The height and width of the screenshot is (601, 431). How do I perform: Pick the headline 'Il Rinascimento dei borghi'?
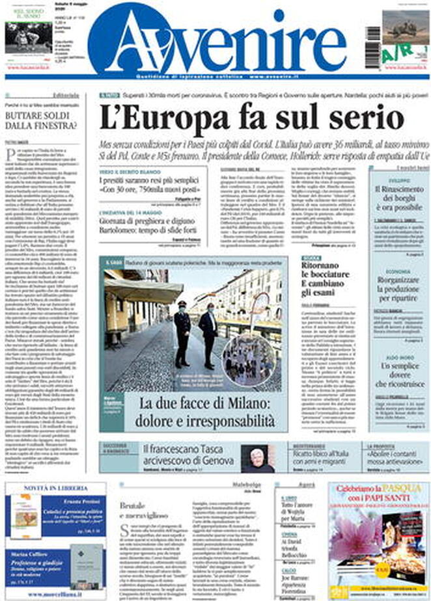tap(397, 194)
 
